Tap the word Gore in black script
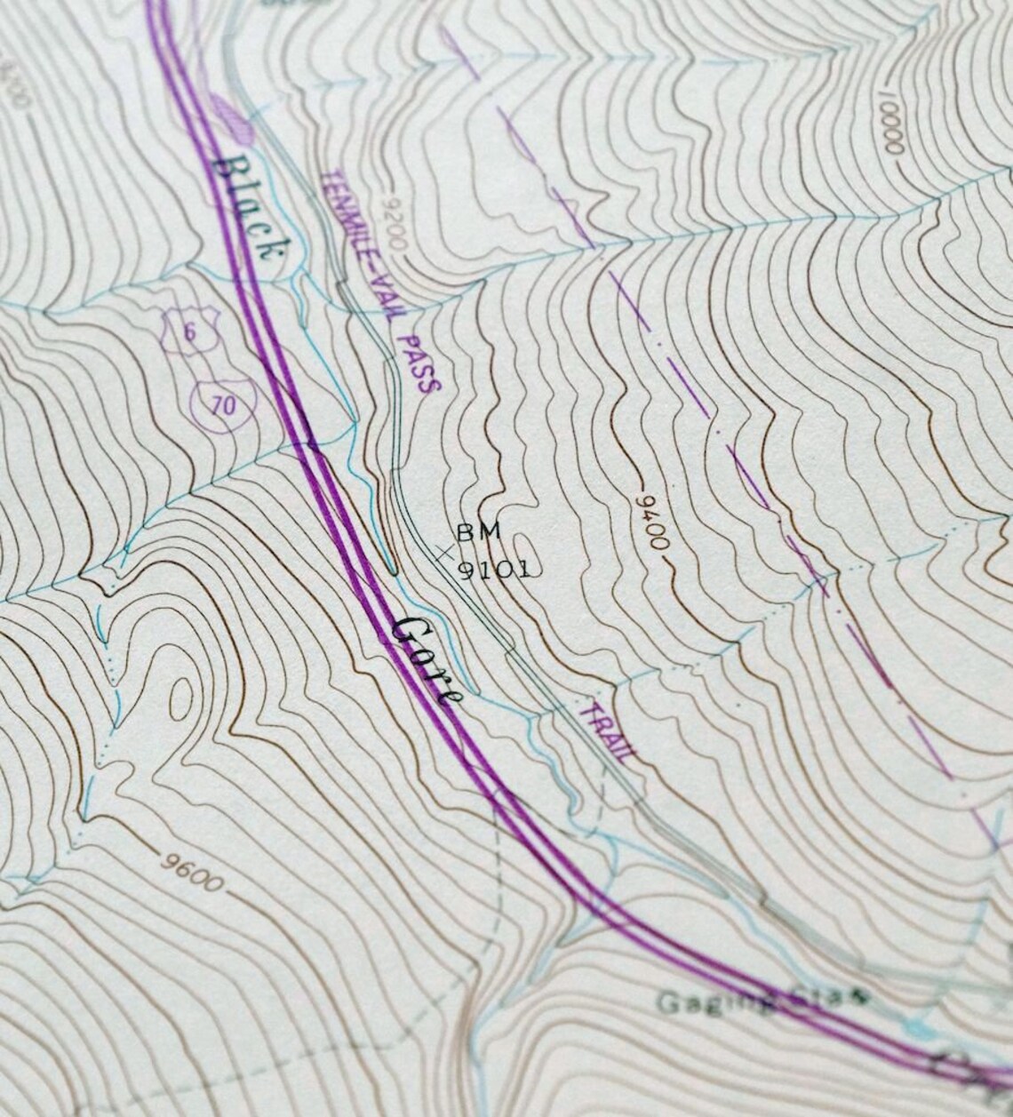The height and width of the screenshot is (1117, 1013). click(427, 658)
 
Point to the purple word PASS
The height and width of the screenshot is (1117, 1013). click(419, 363)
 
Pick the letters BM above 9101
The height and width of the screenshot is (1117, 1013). click(479, 532)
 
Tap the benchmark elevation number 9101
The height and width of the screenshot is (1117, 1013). click(494, 569)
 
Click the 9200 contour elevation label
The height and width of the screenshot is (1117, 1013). click(391, 225)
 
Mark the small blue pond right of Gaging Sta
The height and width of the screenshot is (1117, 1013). click(920, 1028)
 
